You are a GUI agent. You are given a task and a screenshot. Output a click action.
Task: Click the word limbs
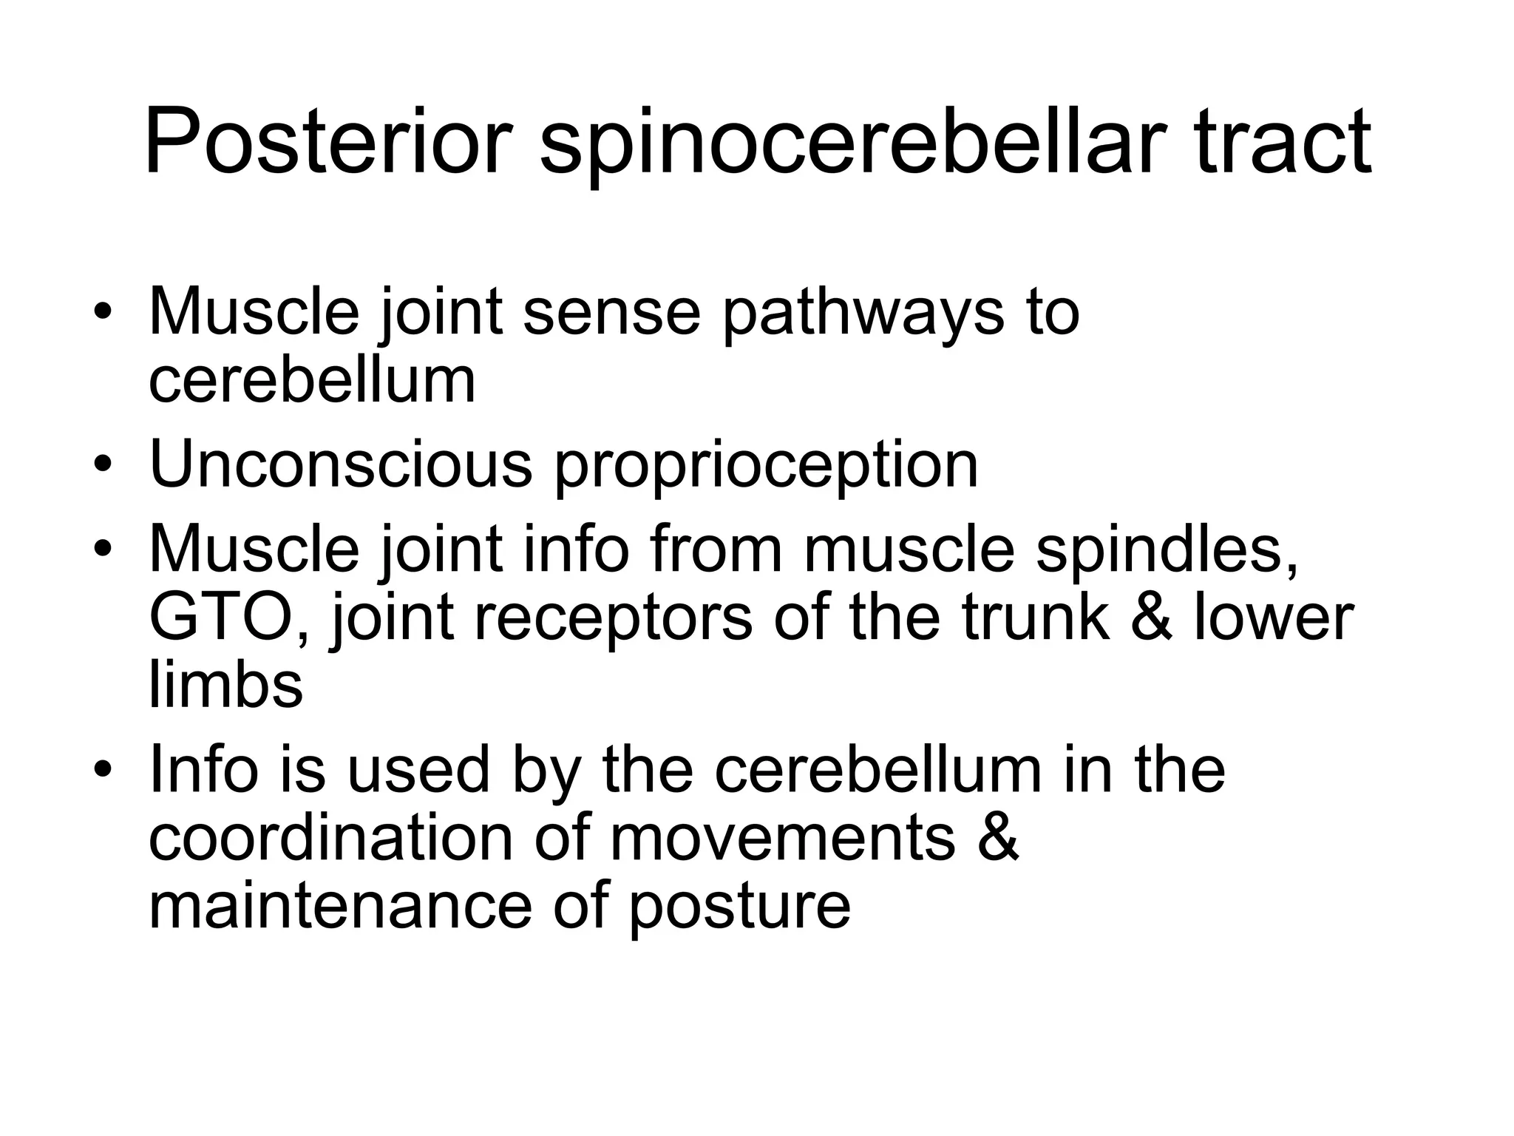[226, 684]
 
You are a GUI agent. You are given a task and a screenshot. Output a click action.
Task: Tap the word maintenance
[340, 905]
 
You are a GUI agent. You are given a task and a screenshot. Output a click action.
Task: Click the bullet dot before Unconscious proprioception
[103, 465]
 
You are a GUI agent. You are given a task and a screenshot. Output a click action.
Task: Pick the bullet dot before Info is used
[103, 770]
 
